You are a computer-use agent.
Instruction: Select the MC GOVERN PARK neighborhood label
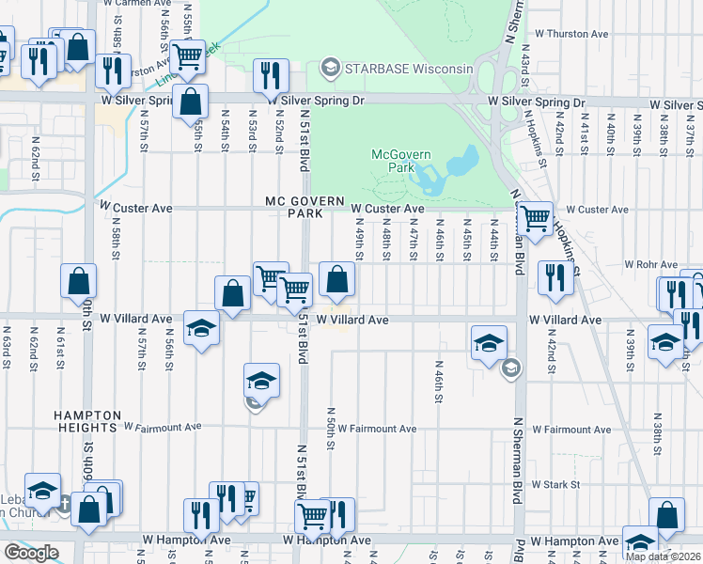click(x=300, y=207)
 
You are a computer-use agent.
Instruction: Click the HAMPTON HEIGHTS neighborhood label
click(x=87, y=421)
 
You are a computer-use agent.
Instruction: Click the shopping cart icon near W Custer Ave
click(x=536, y=219)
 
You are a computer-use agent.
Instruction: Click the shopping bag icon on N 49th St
click(x=336, y=278)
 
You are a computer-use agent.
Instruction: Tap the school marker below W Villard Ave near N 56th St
click(x=201, y=328)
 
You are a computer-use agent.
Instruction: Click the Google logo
click(x=31, y=553)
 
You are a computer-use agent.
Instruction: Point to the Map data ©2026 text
click(x=663, y=556)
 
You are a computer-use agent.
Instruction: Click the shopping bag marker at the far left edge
click(x=79, y=280)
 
